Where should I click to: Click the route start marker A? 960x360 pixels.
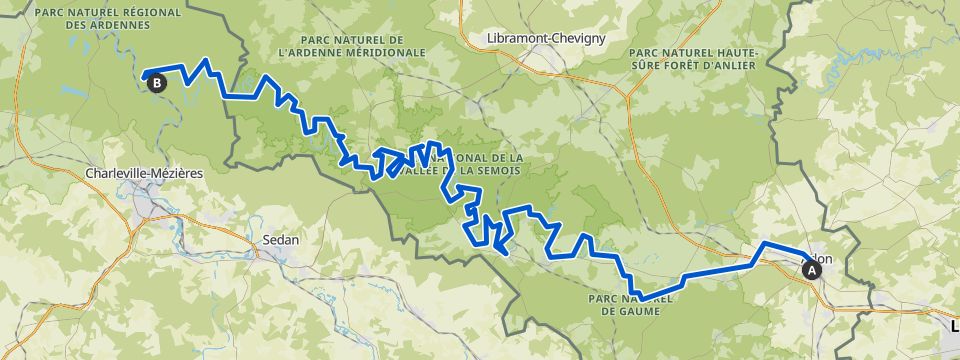(809, 267)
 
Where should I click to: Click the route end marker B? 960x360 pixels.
(157, 85)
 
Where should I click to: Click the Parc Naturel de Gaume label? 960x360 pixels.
(635, 303)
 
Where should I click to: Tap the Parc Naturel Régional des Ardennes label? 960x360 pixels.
(107, 19)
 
